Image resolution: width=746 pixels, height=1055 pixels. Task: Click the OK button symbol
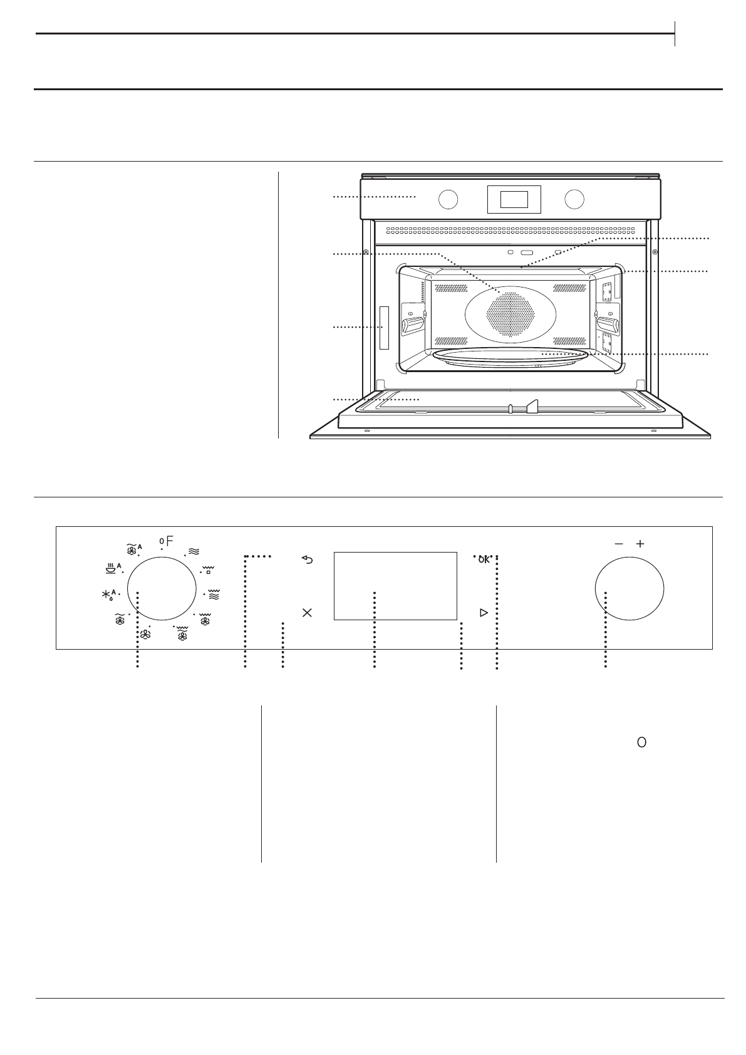point(484,559)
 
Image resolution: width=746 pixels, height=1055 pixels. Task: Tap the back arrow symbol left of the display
point(307,559)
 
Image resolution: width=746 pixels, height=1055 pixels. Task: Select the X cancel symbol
point(307,613)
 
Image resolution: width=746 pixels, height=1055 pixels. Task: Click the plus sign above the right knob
point(640,544)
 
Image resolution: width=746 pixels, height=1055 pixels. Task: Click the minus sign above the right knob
point(619,544)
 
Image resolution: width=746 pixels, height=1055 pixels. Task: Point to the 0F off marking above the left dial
point(167,541)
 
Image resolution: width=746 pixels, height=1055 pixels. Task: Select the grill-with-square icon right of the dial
point(208,569)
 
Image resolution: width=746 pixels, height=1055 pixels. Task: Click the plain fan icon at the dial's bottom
point(145,635)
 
